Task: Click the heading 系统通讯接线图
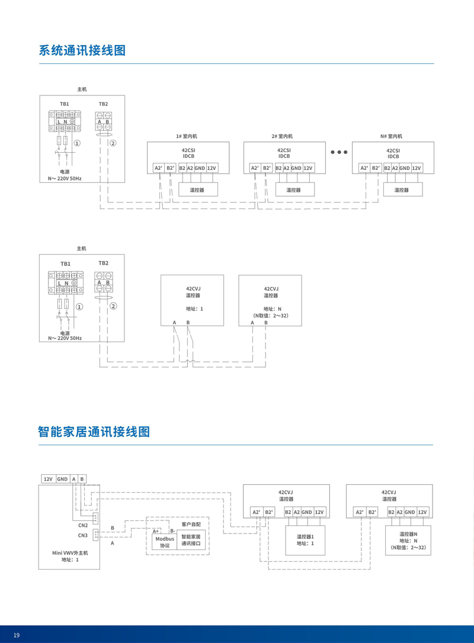click(82, 50)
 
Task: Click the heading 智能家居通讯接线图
click(94, 431)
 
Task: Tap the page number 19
click(17, 635)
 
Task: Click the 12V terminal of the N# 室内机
click(417, 168)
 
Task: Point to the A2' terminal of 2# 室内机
click(255, 168)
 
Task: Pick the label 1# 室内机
click(187, 136)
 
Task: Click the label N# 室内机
click(392, 136)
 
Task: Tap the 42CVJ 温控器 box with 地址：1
click(193, 300)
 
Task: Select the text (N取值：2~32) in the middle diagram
click(270, 316)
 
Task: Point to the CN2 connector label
click(82, 525)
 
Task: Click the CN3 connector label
click(82, 536)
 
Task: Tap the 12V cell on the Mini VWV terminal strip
click(48, 479)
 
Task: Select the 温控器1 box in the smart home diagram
click(305, 540)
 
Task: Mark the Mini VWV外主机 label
click(70, 553)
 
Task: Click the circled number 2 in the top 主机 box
click(113, 143)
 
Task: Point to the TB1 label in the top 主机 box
click(64, 104)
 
